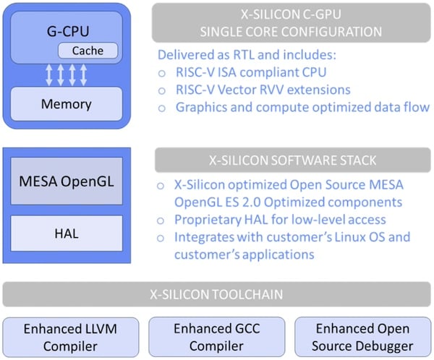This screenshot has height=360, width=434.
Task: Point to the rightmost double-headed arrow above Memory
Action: point(84,74)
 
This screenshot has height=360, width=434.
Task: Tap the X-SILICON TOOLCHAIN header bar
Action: point(217,295)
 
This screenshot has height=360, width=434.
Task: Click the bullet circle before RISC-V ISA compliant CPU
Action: point(161,74)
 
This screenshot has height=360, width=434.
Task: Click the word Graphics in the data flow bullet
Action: point(202,107)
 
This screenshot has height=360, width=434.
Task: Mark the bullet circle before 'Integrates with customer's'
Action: point(161,236)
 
